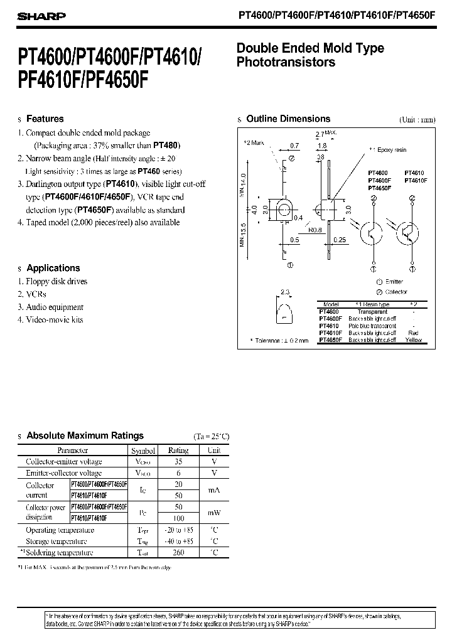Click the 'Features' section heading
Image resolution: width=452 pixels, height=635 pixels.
click(45, 119)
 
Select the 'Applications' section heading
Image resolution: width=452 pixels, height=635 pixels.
click(53, 268)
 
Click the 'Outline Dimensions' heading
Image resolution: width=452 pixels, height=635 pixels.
click(288, 119)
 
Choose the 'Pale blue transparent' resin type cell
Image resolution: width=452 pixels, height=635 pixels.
click(372, 326)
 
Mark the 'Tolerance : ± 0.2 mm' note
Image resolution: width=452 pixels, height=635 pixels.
click(279, 340)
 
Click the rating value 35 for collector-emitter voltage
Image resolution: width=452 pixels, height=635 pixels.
click(178, 462)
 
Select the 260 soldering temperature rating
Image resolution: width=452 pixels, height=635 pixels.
click(178, 553)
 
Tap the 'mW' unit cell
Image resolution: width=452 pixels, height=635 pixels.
click(214, 513)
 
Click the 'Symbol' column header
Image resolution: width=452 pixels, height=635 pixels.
click(143, 451)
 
